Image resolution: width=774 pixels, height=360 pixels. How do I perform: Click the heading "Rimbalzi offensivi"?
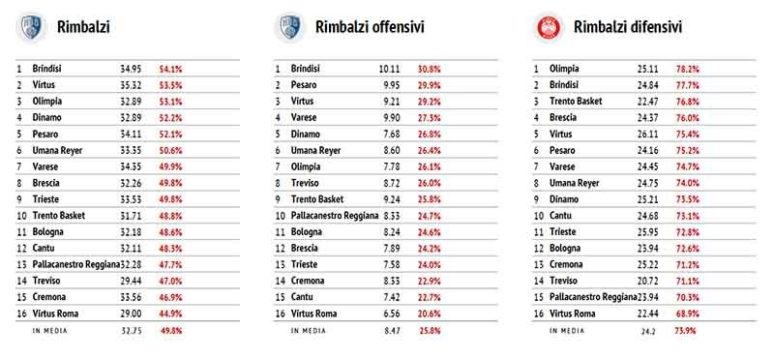point(370,27)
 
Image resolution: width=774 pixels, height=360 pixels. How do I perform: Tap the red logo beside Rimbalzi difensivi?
point(549,27)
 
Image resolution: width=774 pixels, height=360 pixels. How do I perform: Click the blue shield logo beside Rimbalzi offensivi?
point(289,27)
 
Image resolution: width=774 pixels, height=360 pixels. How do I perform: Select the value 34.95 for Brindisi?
point(131,69)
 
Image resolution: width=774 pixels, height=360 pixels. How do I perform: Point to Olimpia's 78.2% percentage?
point(688,69)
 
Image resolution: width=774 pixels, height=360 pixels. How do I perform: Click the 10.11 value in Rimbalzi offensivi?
point(390,69)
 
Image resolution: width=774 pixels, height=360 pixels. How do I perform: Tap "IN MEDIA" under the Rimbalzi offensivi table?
point(308,331)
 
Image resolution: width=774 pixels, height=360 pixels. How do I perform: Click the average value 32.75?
point(131,331)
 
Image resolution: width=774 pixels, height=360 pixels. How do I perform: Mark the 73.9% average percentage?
point(685,331)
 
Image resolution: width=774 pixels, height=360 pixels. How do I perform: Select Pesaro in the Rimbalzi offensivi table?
point(304,85)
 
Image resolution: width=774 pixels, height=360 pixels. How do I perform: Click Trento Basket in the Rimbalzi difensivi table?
point(576,102)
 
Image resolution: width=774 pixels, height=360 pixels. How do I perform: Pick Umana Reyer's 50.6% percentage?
point(170,150)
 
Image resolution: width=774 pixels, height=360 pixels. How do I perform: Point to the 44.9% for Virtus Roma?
point(170,314)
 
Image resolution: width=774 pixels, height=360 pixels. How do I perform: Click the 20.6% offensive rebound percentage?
point(429,314)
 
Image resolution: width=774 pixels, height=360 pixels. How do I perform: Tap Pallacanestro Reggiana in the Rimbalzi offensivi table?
point(335,216)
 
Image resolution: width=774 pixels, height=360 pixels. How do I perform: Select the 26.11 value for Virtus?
point(647,134)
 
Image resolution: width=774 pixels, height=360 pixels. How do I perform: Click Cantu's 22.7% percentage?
point(429,297)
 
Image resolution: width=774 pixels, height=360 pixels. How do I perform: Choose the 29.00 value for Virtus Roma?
point(131,314)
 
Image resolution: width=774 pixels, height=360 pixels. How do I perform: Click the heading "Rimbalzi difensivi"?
point(628,27)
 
